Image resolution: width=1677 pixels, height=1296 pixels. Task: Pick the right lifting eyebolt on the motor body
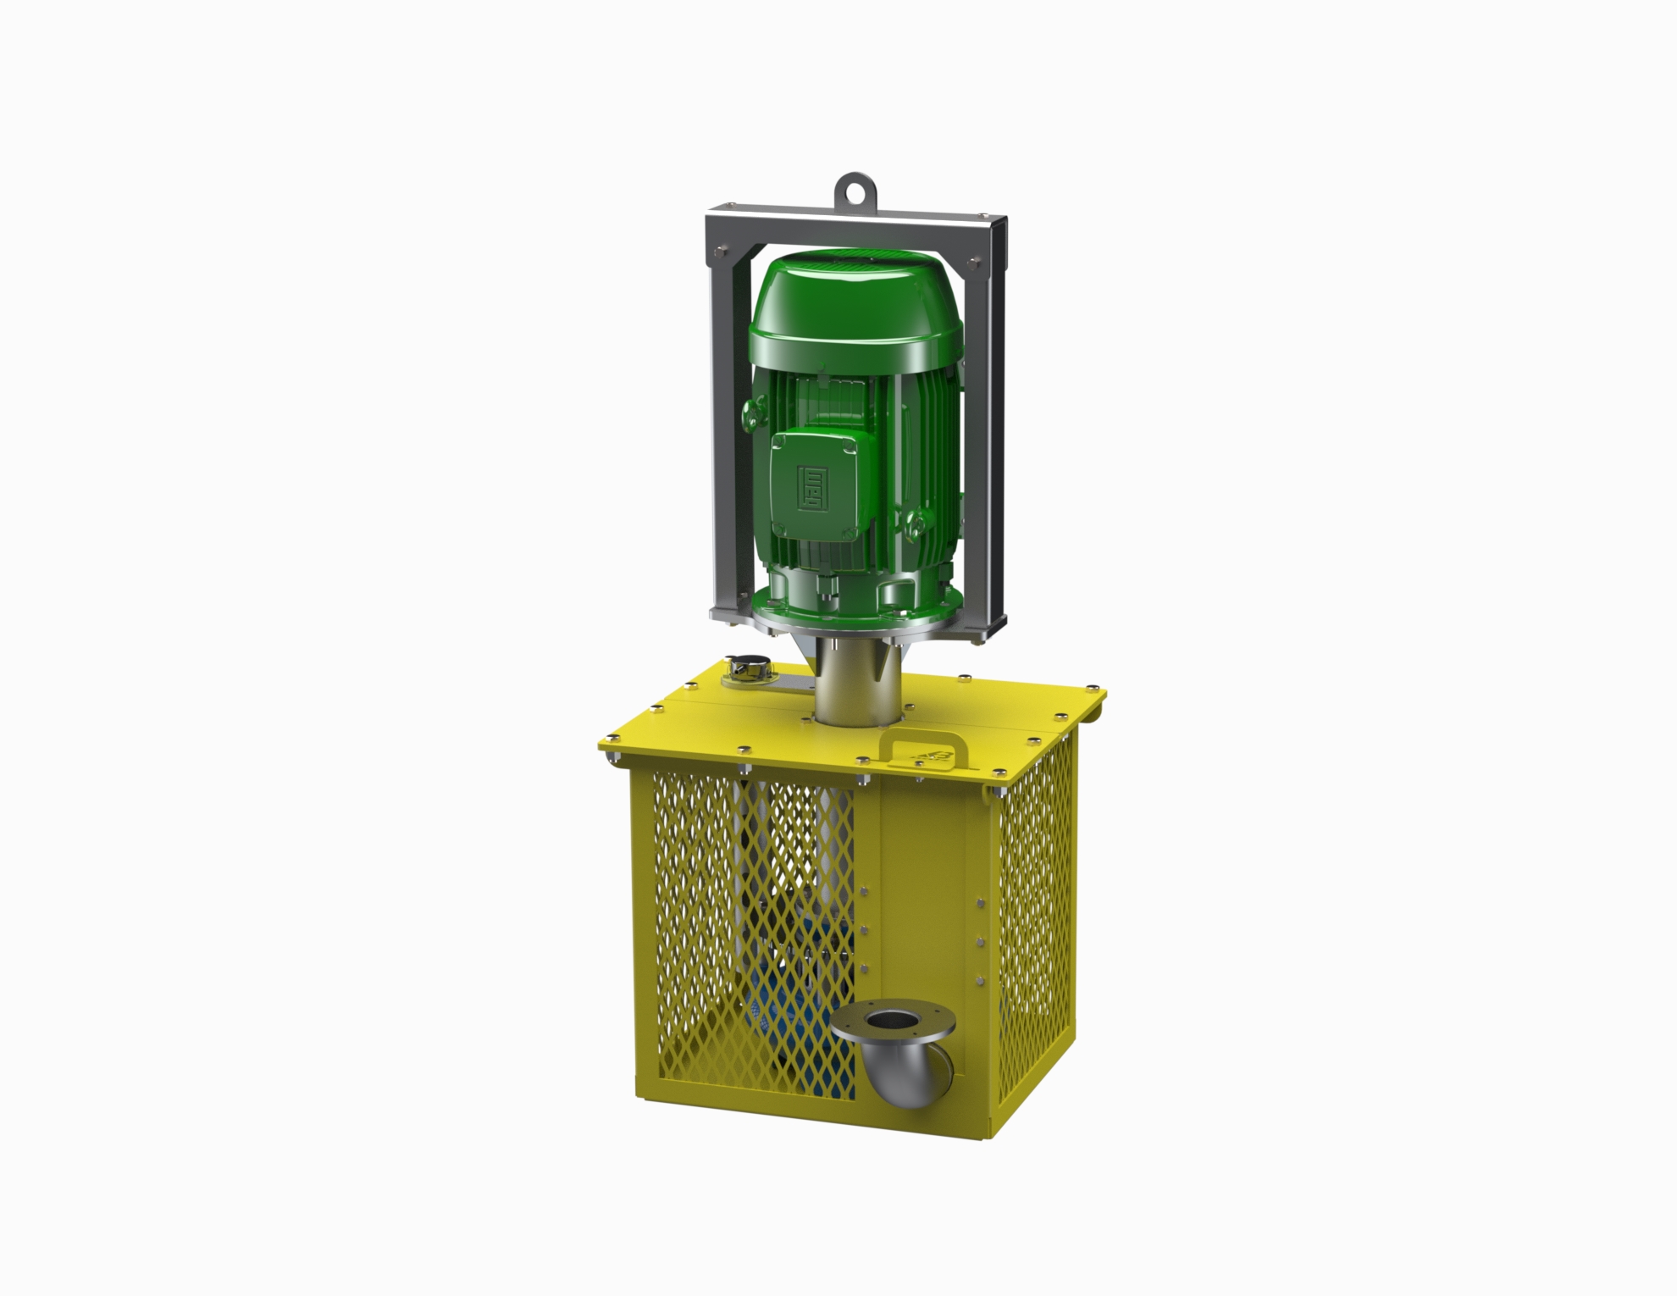915,523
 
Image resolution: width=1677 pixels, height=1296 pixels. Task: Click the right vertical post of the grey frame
988,424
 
